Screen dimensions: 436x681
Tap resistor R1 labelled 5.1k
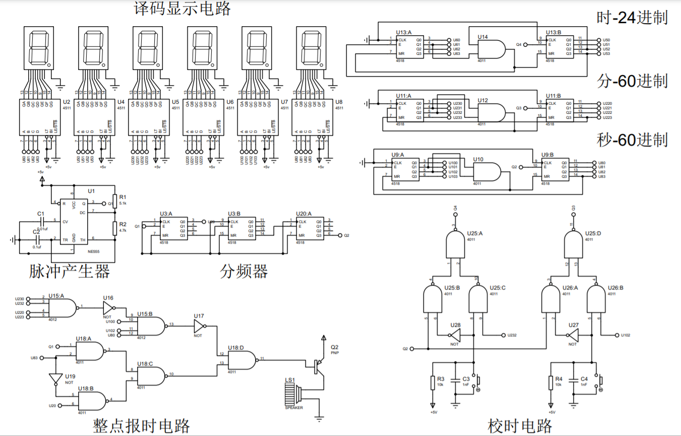pos(115,201)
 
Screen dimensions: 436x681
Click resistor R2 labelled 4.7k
pos(115,228)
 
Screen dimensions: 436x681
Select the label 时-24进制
pos(632,18)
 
